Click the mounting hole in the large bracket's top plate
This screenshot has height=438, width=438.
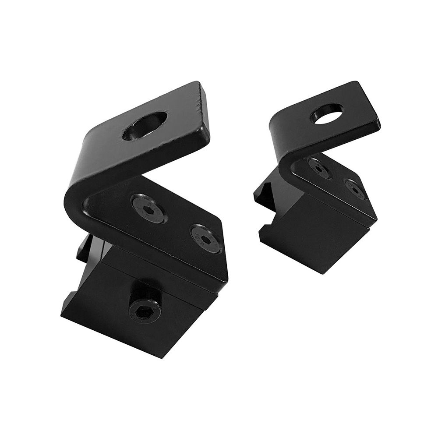pyautogui.click(x=145, y=126)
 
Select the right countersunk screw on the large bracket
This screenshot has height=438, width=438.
pyautogui.click(x=205, y=238)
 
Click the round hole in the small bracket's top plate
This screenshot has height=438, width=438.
pyautogui.click(x=326, y=113)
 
